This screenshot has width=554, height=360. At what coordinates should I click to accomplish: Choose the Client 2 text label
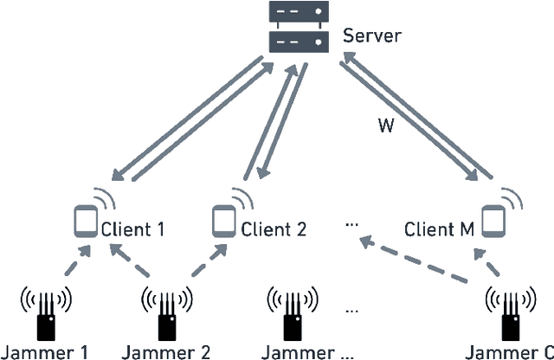pos(274,230)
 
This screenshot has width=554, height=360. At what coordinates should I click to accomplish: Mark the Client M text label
pos(440,230)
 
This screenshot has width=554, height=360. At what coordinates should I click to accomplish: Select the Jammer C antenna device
pos(508,312)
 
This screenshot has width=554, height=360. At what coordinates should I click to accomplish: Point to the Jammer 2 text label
pos(166,351)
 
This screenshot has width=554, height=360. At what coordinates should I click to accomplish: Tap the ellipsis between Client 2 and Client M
pos(351,223)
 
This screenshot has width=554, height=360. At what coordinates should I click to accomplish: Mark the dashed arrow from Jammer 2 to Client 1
pos(134,263)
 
